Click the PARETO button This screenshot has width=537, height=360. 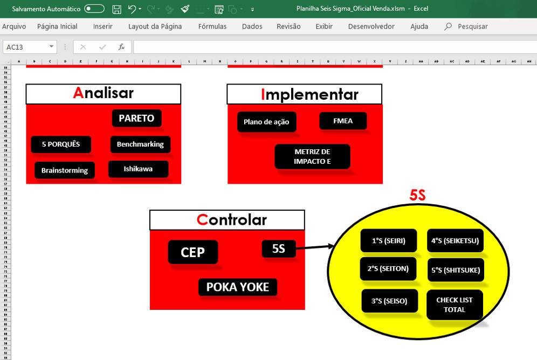coord(136,119)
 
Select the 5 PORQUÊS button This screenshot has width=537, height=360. coord(61,144)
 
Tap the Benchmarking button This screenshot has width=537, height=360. coord(140,144)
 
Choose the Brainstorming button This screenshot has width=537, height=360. coord(65,170)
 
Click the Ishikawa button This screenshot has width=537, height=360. coord(138,169)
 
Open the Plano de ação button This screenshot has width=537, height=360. coord(266,122)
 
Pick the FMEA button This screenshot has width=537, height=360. coord(343,121)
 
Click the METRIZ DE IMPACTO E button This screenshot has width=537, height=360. coord(312,156)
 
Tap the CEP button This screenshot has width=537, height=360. coord(192,252)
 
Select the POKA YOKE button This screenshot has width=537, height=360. coord(237,287)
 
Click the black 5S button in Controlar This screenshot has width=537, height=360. coord(278,248)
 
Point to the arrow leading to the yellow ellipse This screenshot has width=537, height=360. coord(315,247)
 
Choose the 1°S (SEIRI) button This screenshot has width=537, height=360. coord(388,241)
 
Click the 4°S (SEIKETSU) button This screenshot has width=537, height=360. coord(455,241)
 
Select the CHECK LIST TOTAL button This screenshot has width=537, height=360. coord(454,304)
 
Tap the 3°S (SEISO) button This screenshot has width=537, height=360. coord(389,301)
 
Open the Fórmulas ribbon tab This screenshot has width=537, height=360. coord(212,26)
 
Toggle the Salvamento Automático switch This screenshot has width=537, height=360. coord(94,9)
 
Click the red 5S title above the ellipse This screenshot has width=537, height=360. coord(417,195)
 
